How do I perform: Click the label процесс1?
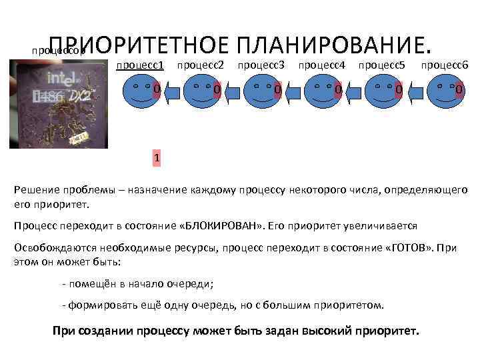tap(140, 66)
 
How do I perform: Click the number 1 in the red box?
tap(156, 158)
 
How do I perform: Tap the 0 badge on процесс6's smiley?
tap(459, 89)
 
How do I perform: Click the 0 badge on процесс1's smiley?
tap(156, 89)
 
